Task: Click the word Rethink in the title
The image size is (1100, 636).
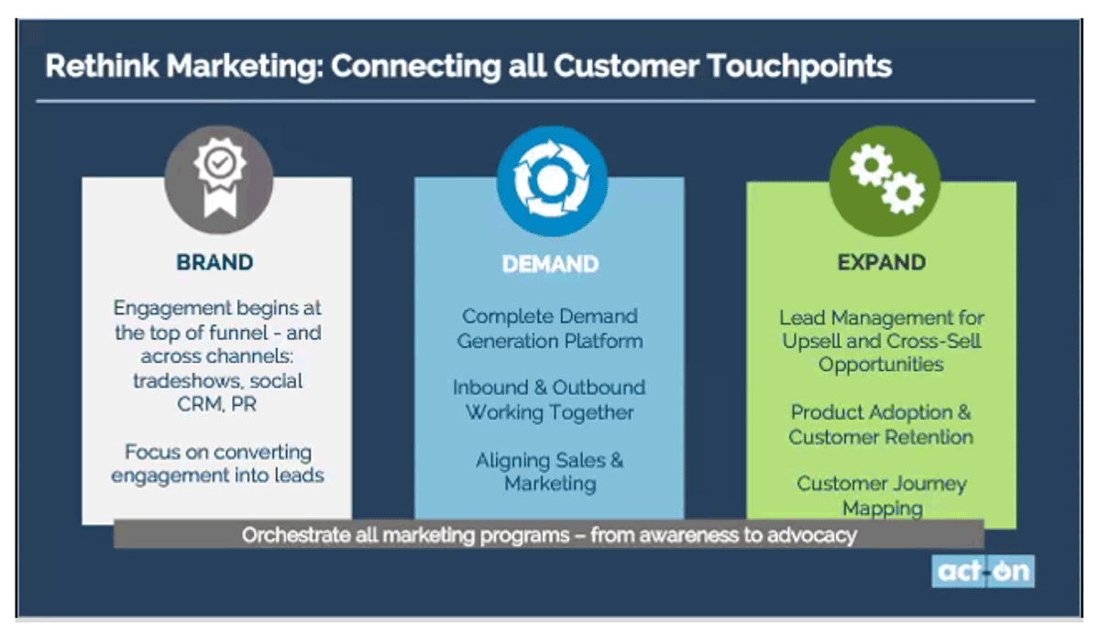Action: (102, 66)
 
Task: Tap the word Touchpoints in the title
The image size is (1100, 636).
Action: (800, 67)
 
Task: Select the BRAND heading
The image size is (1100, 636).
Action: (215, 262)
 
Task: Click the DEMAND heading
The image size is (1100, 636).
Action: (550, 264)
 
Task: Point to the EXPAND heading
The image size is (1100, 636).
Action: (882, 262)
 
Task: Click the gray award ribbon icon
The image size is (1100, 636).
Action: (218, 180)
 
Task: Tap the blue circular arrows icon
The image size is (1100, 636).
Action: (552, 181)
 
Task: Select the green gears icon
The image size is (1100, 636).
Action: (885, 181)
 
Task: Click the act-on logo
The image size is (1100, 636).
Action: (983, 571)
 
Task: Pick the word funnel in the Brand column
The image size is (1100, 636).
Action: (238, 333)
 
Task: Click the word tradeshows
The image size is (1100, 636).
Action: (187, 380)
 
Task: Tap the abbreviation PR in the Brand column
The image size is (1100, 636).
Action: (244, 404)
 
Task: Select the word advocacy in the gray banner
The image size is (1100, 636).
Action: (812, 535)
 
